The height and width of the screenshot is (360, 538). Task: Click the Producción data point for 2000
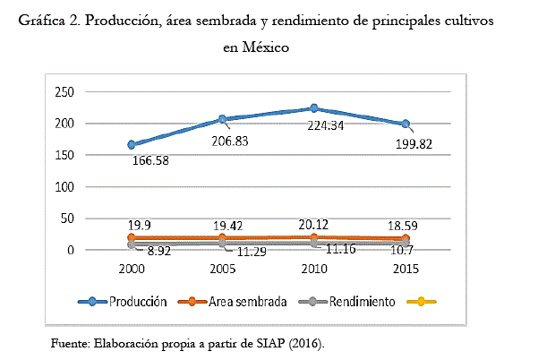pos(132,144)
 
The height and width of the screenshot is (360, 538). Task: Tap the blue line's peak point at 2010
pos(313,107)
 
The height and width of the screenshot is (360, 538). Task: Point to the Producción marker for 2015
pos(405,124)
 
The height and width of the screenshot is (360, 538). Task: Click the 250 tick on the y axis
pos(64,91)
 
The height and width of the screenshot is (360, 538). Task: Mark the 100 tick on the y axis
pos(64,187)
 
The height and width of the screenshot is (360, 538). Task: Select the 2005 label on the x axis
pos(223,268)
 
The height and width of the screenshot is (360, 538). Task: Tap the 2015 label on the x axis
pos(405,268)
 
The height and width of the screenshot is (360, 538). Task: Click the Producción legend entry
pos(136,302)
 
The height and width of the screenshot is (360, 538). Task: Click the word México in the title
pos(262,47)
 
